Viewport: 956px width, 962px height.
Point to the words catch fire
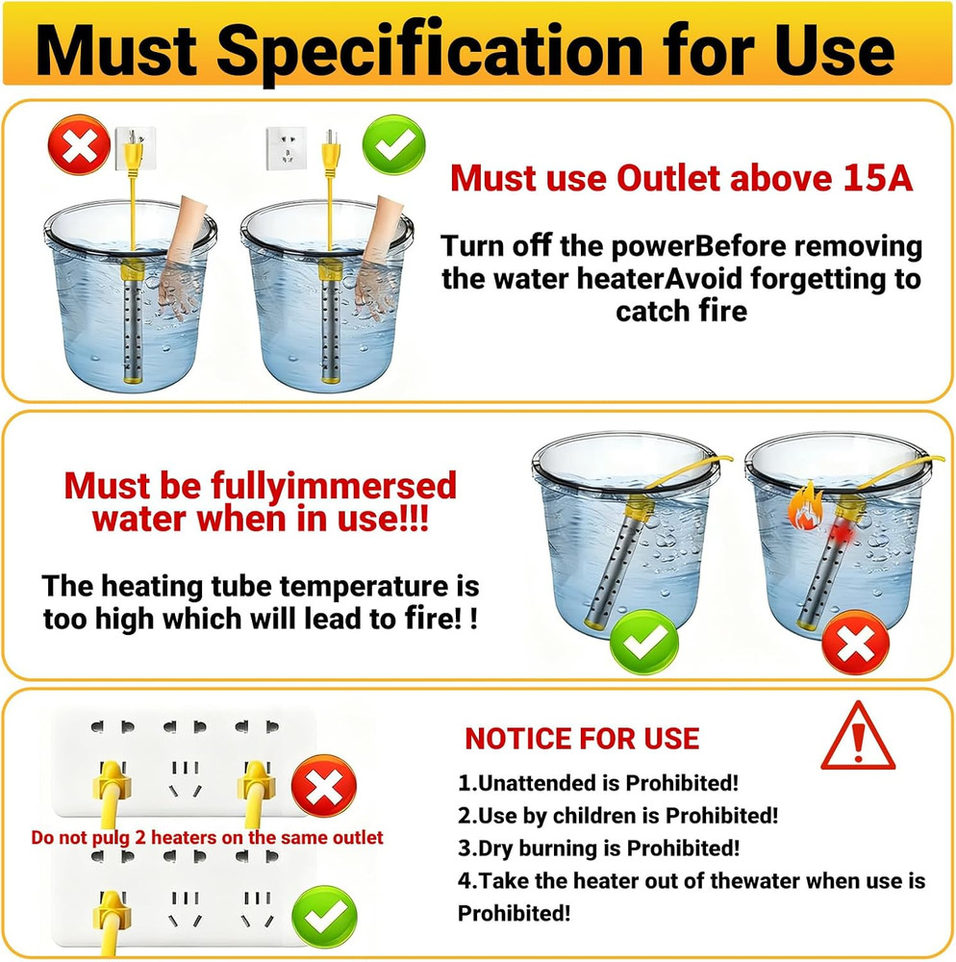tap(681, 312)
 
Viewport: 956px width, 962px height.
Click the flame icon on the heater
tap(803, 510)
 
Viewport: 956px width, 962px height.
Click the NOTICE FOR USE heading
tap(582, 739)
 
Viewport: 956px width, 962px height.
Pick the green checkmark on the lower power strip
tap(323, 916)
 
